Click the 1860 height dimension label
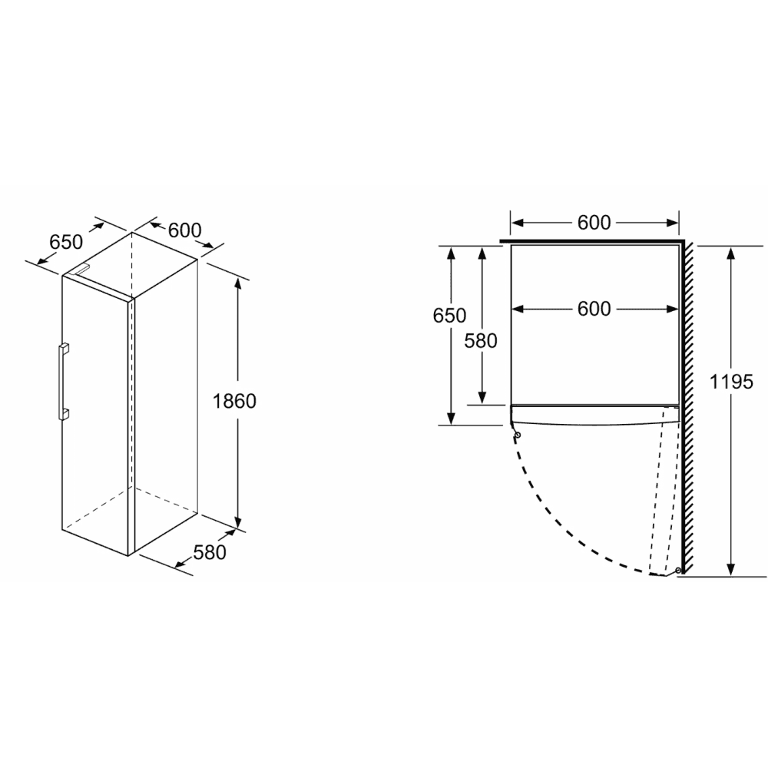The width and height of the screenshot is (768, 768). [x=234, y=401]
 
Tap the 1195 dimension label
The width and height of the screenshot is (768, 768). [x=731, y=382]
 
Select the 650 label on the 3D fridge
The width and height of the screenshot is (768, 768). [x=66, y=242]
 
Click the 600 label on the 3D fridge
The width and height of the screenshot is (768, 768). [x=184, y=230]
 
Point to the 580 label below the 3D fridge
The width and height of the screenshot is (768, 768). [x=210, y=552]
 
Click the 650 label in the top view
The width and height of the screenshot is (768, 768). [x=449, y=316]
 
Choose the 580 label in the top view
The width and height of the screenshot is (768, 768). [x=481, y=341]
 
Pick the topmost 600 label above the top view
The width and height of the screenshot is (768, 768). [x=594, y=223]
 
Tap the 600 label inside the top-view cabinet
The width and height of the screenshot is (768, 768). [x=594, y=309]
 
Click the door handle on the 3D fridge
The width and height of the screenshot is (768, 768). [x=63, y=382]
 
